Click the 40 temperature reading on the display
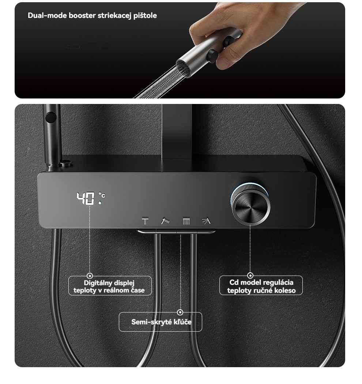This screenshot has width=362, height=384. click(x=85, y=198)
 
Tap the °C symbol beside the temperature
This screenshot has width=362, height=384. click(x=102, y=195)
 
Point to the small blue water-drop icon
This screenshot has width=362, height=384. click(x=100, y=202)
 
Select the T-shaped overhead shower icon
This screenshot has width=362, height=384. click(x=145, y=221)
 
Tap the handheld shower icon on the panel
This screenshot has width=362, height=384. click(x=165, y=221)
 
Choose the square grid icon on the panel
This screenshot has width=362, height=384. click(x=186, y=221)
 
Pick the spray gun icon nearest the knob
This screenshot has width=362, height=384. click(x=206, y=221)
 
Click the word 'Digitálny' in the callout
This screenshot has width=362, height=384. click(x=96, y=283)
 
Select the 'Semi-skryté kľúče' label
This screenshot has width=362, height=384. click(x=161, y=322)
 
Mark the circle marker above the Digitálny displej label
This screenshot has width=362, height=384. click(x=90, y=276)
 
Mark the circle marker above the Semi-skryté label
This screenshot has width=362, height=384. click(x=180, y=312)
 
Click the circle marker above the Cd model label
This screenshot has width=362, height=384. click(x=250, y=276)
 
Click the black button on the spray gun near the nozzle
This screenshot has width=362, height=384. click(x=212, y=56)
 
